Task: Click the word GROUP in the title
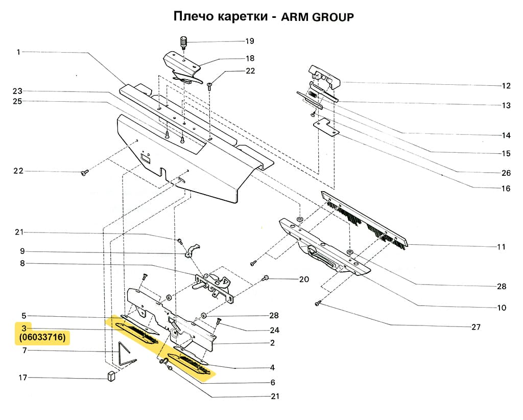[332, 17]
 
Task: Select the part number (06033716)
[43, 338]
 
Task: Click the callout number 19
[250, 41]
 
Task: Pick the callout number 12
[506, 86]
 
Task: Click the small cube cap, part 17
[111, 377]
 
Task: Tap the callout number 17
[22, 378]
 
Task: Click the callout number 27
[476, 327]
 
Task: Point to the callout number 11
[501, 247]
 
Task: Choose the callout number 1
[18, 52]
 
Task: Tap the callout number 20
[304, 279]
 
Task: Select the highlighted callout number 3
[23, 328]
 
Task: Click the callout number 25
[18, 101]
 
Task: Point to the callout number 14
[506, 136]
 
